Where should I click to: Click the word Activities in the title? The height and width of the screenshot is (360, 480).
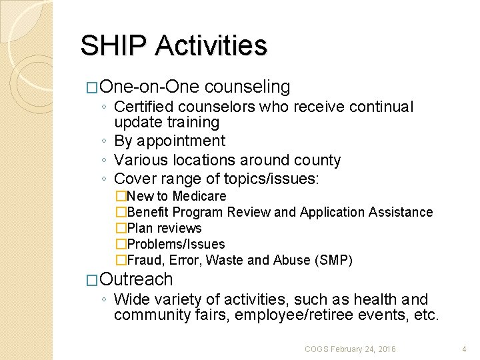[211, 46]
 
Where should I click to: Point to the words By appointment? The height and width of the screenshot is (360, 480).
[169, 141]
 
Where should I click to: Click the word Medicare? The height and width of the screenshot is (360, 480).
[199, 196]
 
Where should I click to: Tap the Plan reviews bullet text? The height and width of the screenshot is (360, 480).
[164, 228]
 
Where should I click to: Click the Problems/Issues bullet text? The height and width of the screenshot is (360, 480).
[175, 244]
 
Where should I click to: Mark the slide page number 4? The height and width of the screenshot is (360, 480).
[464, 349]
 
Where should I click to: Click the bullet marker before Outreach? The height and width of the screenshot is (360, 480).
[94, 280]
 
